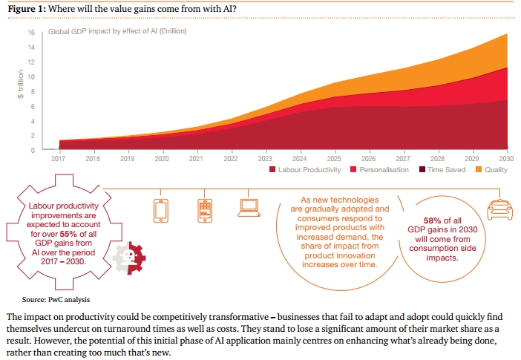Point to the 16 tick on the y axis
[31, 33]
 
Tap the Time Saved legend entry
[444, 170]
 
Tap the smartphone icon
[161, 210]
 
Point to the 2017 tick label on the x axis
[59, 158]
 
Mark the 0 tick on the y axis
[33, 150]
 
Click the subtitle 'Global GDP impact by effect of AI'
[117, 32]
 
